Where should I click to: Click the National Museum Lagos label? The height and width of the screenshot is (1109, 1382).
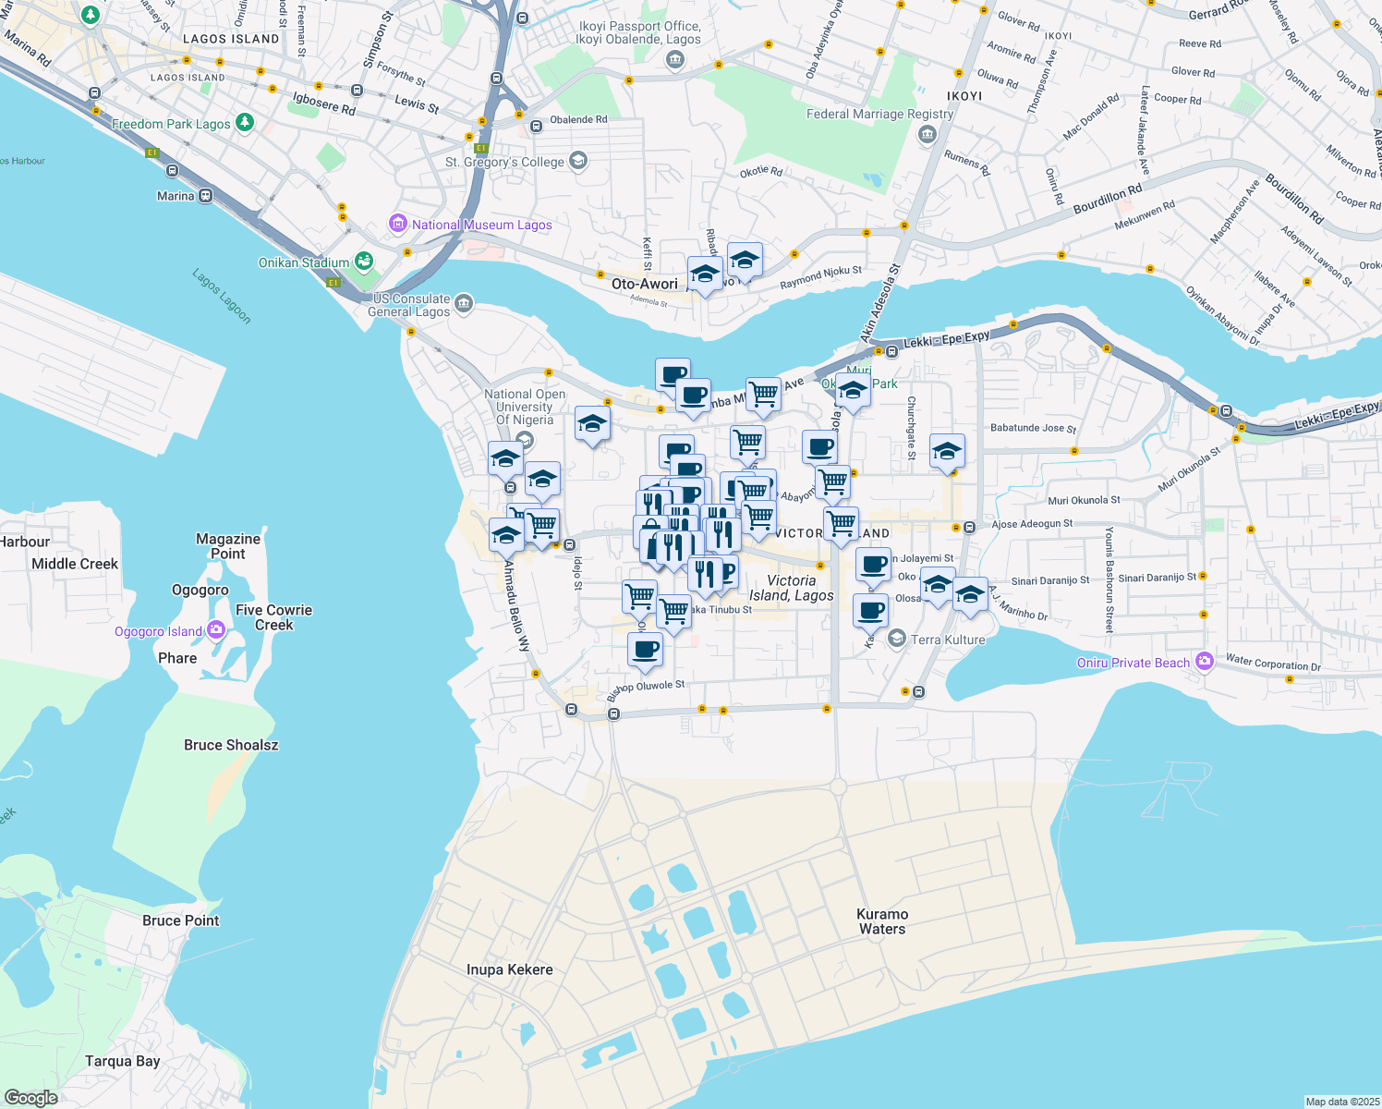pyautogui.click(x=481, y=225)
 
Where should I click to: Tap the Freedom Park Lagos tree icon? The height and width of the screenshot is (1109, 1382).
pyautogui.click(x=244, y=123)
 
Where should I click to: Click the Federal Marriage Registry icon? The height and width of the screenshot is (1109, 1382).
pyautogui.click(x=927, y=135)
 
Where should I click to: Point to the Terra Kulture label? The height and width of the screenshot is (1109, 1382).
pyautogui.click(x=948, y=640)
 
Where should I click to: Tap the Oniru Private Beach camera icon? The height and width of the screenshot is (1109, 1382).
pyautogui.click(x=1204, y=662)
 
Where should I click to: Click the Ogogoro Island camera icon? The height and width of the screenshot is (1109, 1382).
pyautogui.click(x=216, y=630)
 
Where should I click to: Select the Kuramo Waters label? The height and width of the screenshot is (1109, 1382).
pyautogui.click(x=882, y=921)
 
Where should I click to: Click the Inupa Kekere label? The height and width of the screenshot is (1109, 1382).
pyautogui.click(x=509, y=969)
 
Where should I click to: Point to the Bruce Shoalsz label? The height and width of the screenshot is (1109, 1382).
pyautogui.click(x=231, y=745)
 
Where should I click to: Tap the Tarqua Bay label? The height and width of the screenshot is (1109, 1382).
pyautogui.click(x=122, y=1061)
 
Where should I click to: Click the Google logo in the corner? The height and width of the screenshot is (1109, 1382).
pyautogui.click(x=30, y=1098)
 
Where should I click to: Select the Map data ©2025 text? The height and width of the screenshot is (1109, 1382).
pyautogui.click(x=1341, y=1102)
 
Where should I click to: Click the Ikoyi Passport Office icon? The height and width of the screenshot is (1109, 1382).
pyautogui.click(x=674, y=61)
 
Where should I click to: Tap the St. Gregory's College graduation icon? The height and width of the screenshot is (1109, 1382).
pyautogui.click(x=578, y=162)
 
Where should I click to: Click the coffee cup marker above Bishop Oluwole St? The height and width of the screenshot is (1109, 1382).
pyautogui.click(x=645, y=649)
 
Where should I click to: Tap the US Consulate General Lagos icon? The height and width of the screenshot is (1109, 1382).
pyautogui.click(x=464, y=302)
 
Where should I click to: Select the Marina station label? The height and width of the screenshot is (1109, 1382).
pyautogui.click(x=176, y=196)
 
